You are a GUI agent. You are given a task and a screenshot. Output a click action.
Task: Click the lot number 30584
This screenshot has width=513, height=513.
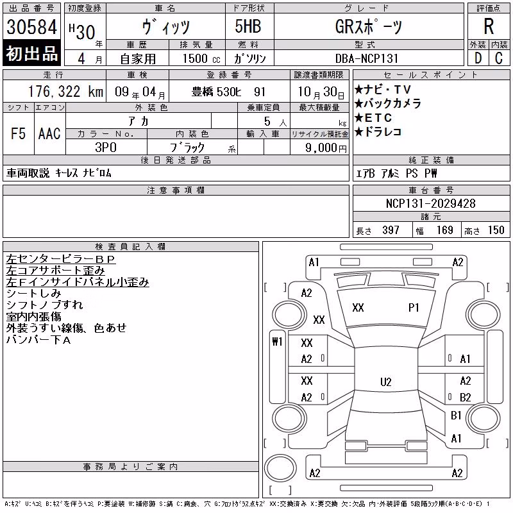coord(31,26)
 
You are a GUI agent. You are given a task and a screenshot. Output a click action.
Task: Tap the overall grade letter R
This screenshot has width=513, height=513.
coord(489,26)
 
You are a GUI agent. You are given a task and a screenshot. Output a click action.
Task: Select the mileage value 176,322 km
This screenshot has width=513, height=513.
coord(66,92)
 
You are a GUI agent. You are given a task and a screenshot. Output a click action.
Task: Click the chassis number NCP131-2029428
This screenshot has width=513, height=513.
coord(430,203)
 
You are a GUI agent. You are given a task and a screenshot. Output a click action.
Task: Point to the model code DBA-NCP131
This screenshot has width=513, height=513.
coord(367,58)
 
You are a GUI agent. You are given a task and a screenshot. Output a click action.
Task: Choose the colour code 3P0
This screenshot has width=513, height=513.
coord(106,147)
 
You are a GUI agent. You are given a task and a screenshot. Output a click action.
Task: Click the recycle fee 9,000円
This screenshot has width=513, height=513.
coord(326,147)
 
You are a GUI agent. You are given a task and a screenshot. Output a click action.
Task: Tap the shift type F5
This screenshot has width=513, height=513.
coord(18,133)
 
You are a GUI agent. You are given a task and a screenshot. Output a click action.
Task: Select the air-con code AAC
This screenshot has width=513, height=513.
coord(49,133)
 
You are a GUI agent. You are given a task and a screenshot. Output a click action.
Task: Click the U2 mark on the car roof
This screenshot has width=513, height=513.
coord(386,382)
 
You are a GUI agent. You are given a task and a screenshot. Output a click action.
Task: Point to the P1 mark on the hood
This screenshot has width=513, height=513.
coord(414,308)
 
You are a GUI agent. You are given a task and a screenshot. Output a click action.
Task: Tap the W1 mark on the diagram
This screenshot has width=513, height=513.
coord(277,342)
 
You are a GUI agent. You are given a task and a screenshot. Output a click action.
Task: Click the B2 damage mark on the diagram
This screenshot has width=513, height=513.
coord(466,397)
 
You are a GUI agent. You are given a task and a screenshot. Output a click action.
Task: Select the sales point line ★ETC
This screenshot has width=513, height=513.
coord(373,117)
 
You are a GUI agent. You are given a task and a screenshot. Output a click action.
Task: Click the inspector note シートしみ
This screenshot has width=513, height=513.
coord(34,293)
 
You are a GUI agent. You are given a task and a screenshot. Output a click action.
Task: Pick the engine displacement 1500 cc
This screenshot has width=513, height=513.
coord(201,58)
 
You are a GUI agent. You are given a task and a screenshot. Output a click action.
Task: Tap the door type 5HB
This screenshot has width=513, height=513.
coord(248,26)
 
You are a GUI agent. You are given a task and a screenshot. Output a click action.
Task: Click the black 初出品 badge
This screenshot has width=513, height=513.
coord(31,53)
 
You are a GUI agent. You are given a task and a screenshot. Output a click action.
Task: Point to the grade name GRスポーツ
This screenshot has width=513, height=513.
coord(368,26)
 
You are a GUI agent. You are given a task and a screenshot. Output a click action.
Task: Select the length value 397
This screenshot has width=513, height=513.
coord(391,230)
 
